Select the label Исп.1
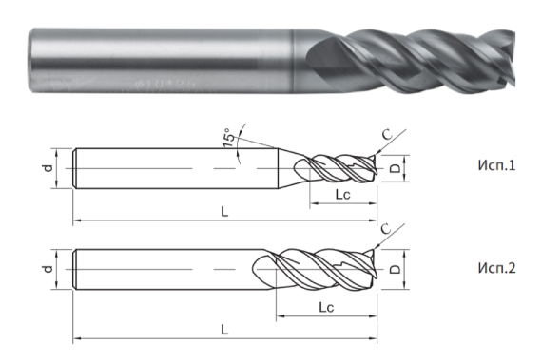[494, 165]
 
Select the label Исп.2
[494, 268]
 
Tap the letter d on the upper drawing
[47, 169]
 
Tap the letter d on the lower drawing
[47, 270]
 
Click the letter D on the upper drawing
[395, 170]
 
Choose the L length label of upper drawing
[224, 211]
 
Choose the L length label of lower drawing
[224, 329]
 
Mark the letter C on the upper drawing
[385, 133]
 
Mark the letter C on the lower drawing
[385, 229]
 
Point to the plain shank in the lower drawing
[162, 270]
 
